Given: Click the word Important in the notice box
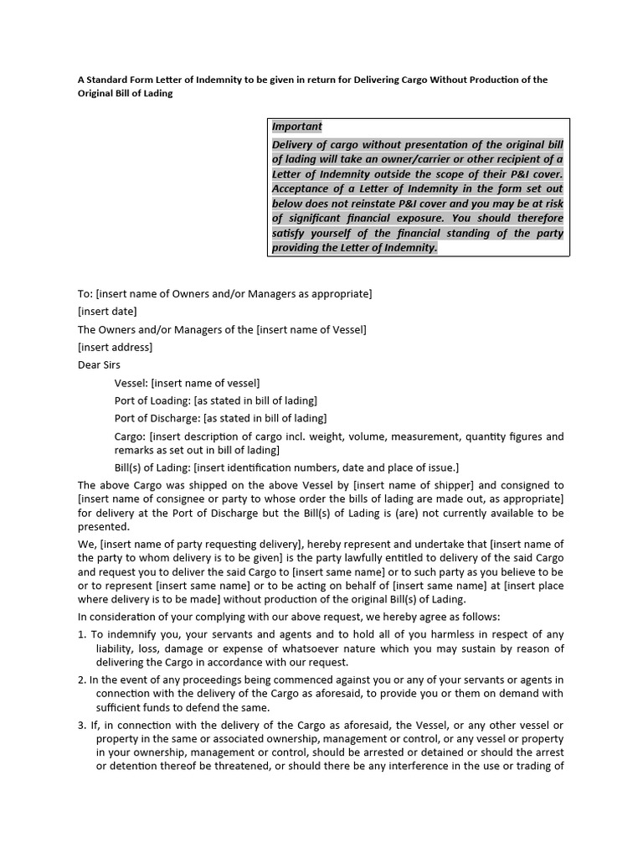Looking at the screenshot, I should [296, 127].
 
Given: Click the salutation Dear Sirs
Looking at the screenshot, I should [99, 365].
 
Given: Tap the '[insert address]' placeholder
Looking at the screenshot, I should [115, 347].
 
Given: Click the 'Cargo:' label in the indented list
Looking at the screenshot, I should [130, 436].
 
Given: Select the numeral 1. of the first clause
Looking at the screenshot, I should [82, 634].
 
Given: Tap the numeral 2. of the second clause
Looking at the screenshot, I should [82, 680].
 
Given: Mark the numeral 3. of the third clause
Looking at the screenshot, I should [82, 725].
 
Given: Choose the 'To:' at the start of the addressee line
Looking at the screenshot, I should [85, 294].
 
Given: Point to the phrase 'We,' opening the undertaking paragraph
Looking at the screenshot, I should [86, 545].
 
